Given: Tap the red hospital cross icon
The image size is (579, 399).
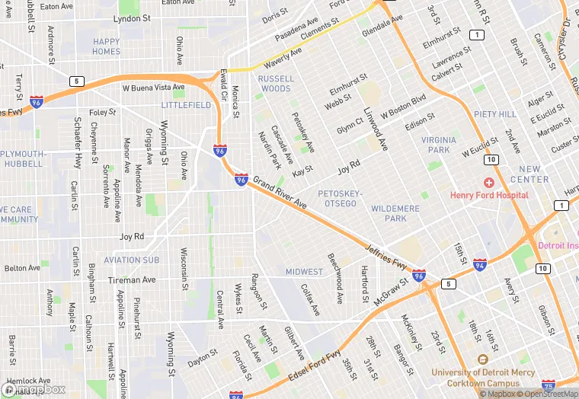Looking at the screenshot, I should pyautogui.click(x=488, y=183).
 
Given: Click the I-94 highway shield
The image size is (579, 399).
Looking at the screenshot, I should pyautogui.click(x=479, y=265).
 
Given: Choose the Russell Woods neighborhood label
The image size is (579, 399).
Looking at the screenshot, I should pyautogui.click(x=276, y=84).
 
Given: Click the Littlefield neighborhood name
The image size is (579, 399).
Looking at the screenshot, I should pyautogui.click(x=187, y=106).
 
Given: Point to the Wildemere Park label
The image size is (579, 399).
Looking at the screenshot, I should pyautogui.click(x=395, y=213).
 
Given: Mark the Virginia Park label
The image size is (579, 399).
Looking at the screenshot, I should pyautogui.click(x=439, y=145).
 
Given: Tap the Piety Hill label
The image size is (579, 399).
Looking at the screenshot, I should pyautogui.click(x=495, y=113).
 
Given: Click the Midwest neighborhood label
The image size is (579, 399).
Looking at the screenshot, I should pyautogui.click(x=304, y=272).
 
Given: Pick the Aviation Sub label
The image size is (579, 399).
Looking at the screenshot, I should pyautogui.click(x=132, y=260).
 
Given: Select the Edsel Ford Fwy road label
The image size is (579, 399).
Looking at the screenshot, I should pyautogui.click(x=313, y=367).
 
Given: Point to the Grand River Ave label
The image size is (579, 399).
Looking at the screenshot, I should pyautogui.click(x=280, y=193).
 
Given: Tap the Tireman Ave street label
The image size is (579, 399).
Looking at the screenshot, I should pyautogui.click(x=132, y=280).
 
